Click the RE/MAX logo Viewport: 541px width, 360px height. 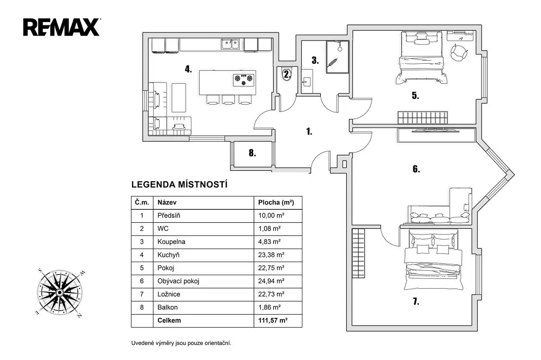[62, 27]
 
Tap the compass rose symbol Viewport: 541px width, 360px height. [60, 292]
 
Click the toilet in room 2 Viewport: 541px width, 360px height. [287, 74]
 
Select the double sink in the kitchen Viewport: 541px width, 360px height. [230, 44]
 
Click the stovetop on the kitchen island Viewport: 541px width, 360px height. [244, 79]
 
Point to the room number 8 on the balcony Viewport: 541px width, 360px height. [253, 153]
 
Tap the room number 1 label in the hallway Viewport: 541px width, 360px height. [309, 131]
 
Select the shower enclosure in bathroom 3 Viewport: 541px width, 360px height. [338, 57]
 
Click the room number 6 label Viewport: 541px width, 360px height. [417, 169]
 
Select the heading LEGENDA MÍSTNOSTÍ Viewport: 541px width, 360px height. [180, 185]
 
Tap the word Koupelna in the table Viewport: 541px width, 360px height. [171, 242]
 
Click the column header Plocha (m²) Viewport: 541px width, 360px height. [276, 202]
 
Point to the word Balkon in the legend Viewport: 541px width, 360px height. [167, 307]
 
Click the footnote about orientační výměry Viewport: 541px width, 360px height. [181, 343]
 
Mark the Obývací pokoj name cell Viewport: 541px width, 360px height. [203, 281]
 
